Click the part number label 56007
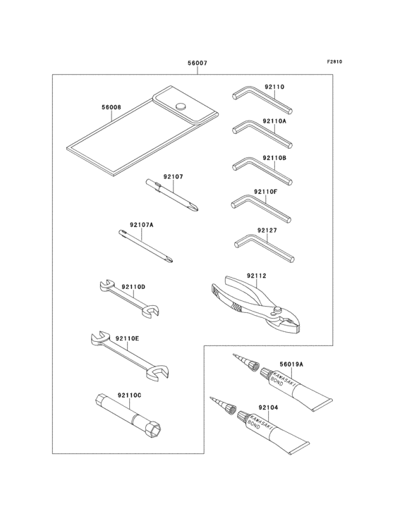pyautogui.click(x=197, y=63)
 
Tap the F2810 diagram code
pyautogui.click(x=334, y=61)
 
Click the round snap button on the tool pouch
pyautogui.click(x=181, y=106)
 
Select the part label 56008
pyautogui.click(x=111, y=107)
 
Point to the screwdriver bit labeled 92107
pyautogui.click(x=173, y=195)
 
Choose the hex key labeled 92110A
pyautogui.click(x=262, y=136)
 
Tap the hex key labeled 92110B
pyautogui.click(x=262, y=171)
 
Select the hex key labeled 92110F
pyautogui.click(x=261, y=209)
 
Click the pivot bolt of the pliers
pyautogui.click(x=278, y=309)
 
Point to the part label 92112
pyautogui.click(x=256, y=276)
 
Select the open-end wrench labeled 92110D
pyautogui.click(x=129, y=299)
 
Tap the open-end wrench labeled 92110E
pyautogui.click(x=129, y=356)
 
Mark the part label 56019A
pyautogui.click(x=291, y=364)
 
